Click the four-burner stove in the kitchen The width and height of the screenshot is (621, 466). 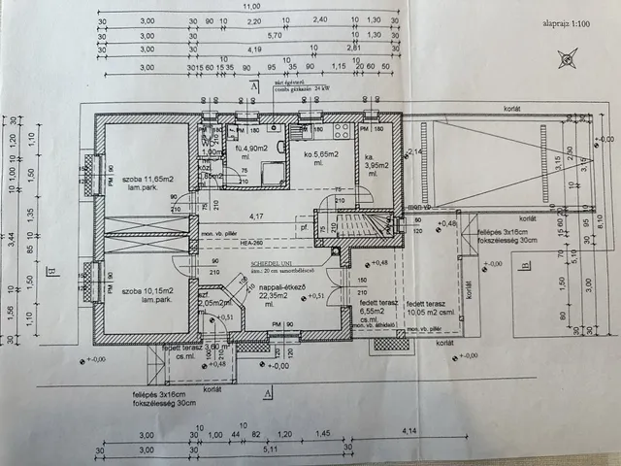[x=344, y=132]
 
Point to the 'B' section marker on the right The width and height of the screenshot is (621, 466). [x=525, y=265]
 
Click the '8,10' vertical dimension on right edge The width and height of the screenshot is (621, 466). [x=610, y=220]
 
